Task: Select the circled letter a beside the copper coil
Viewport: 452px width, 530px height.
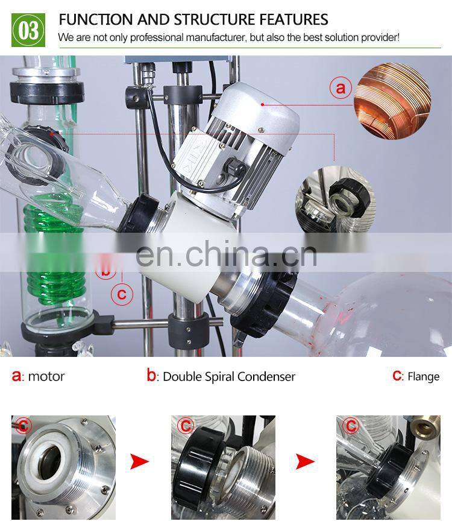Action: tap(340, 89)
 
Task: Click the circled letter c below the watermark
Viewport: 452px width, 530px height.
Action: tap(122, 294)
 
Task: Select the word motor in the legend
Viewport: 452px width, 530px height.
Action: tap(46, 377)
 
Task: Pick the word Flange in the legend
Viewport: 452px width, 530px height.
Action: tap(423, 377)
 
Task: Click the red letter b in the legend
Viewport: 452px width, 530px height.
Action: tap(151, 376)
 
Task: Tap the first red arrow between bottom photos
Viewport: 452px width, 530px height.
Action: tap(139, 462)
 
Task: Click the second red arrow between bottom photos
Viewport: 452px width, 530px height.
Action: tap(306, 462)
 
